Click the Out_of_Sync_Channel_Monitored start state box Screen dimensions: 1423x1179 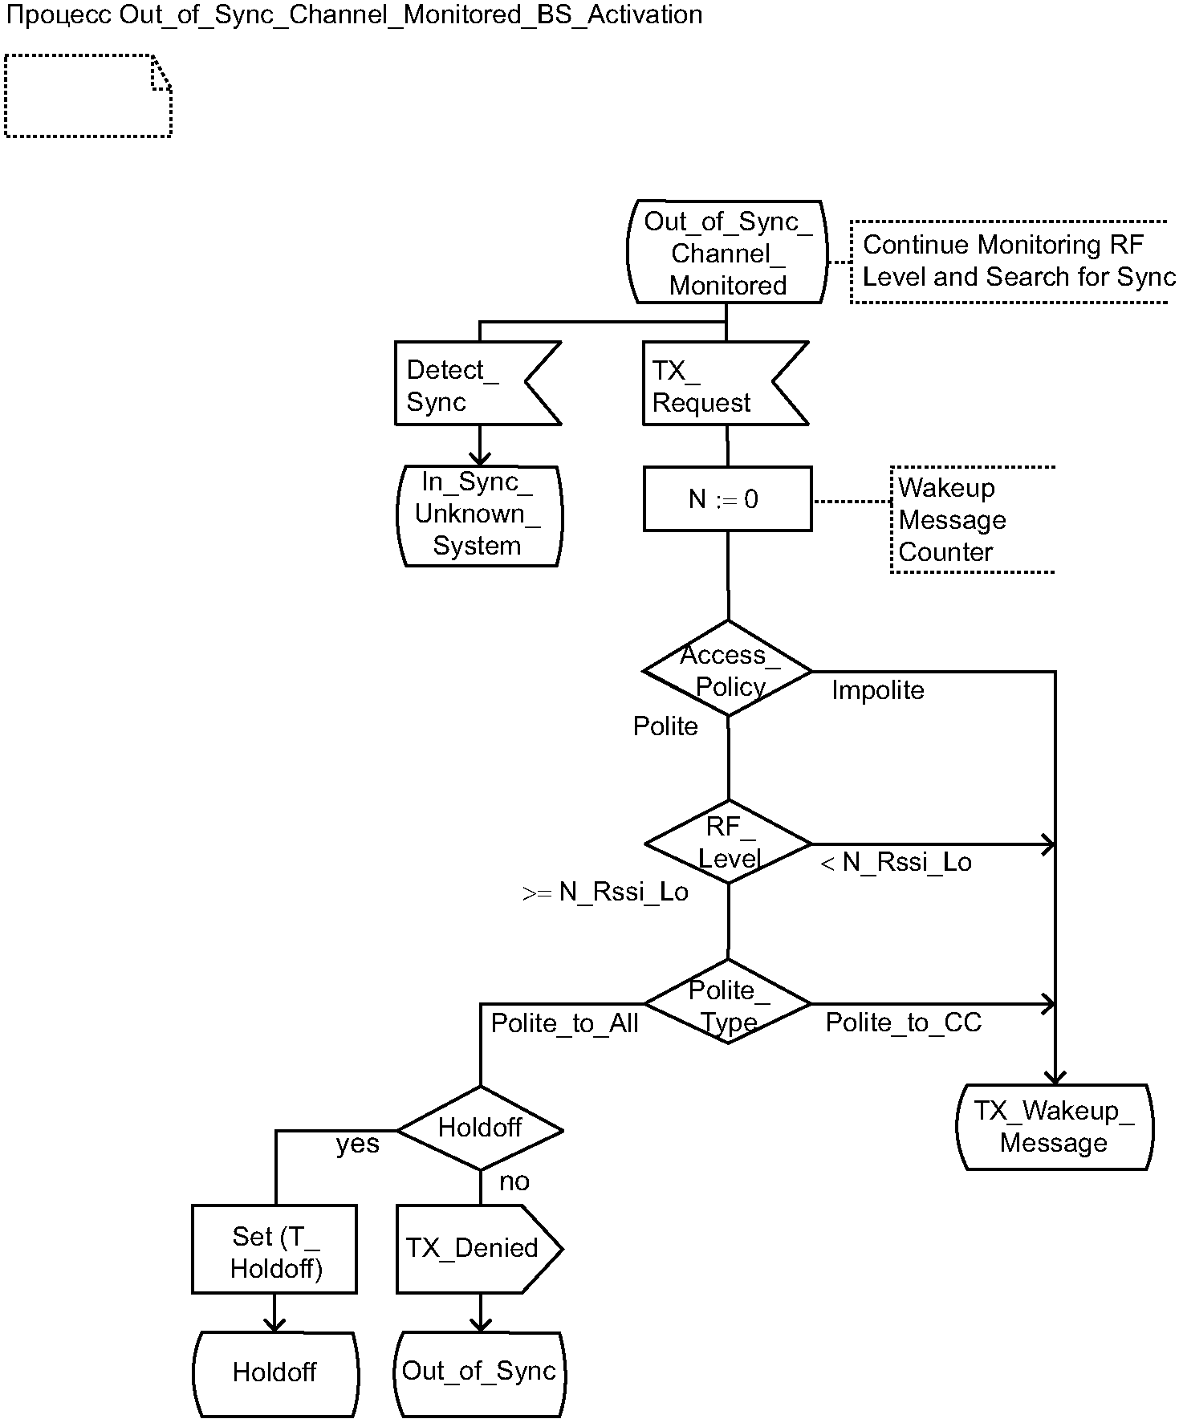point(727,252)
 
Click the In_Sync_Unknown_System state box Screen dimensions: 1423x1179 point(479,514)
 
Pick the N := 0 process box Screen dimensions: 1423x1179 point(727,499)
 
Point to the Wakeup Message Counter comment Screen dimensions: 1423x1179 point(971,519)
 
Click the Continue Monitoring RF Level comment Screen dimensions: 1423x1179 point(1011,261)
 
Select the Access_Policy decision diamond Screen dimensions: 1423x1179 point(728,669)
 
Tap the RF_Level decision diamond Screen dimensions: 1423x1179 point(728,843)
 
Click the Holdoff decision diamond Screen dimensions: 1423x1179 point(480,1128)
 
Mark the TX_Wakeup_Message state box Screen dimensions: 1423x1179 point(1054,1126)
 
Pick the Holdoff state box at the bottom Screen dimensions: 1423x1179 point(274,1372)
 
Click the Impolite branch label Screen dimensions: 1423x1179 point(877,690)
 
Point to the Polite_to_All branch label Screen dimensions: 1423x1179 point(564,1023)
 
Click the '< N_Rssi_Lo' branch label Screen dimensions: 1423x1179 point(896,863)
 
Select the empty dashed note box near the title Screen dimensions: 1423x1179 point(87,96)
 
